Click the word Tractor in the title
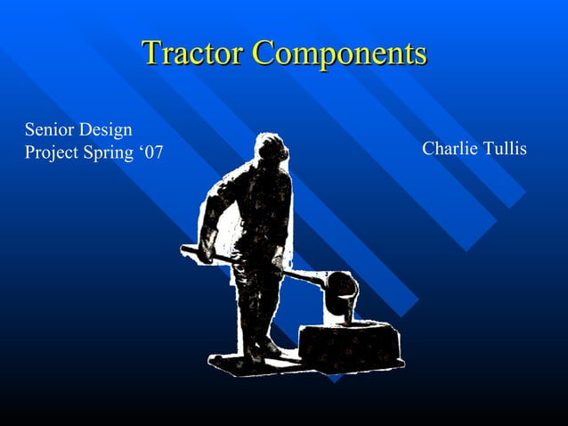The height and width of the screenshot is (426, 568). pos(192,53)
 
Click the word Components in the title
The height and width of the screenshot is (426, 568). pos(339,53)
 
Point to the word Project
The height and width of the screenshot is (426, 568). pos(52,152)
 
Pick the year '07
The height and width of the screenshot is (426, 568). pos(151,152)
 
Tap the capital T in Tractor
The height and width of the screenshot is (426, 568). pos(151,53)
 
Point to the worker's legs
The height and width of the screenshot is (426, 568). pos(257,303)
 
